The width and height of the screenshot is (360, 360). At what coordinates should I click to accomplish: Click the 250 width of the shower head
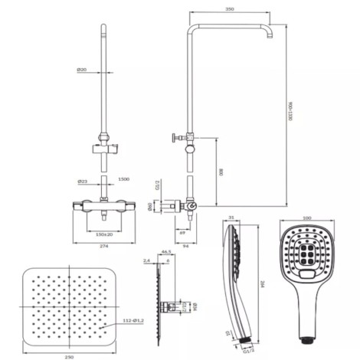[70, 355]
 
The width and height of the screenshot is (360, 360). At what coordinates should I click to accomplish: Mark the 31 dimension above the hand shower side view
[232, 218]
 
